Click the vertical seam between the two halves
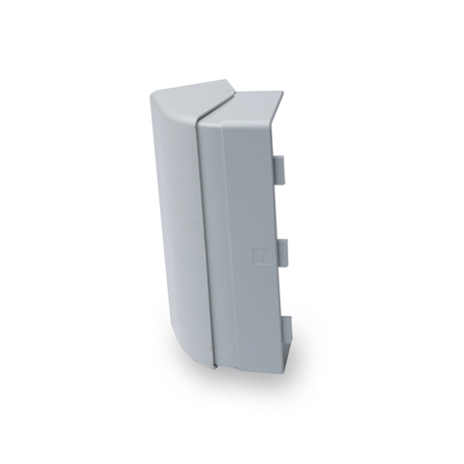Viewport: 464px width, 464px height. (198, 244)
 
